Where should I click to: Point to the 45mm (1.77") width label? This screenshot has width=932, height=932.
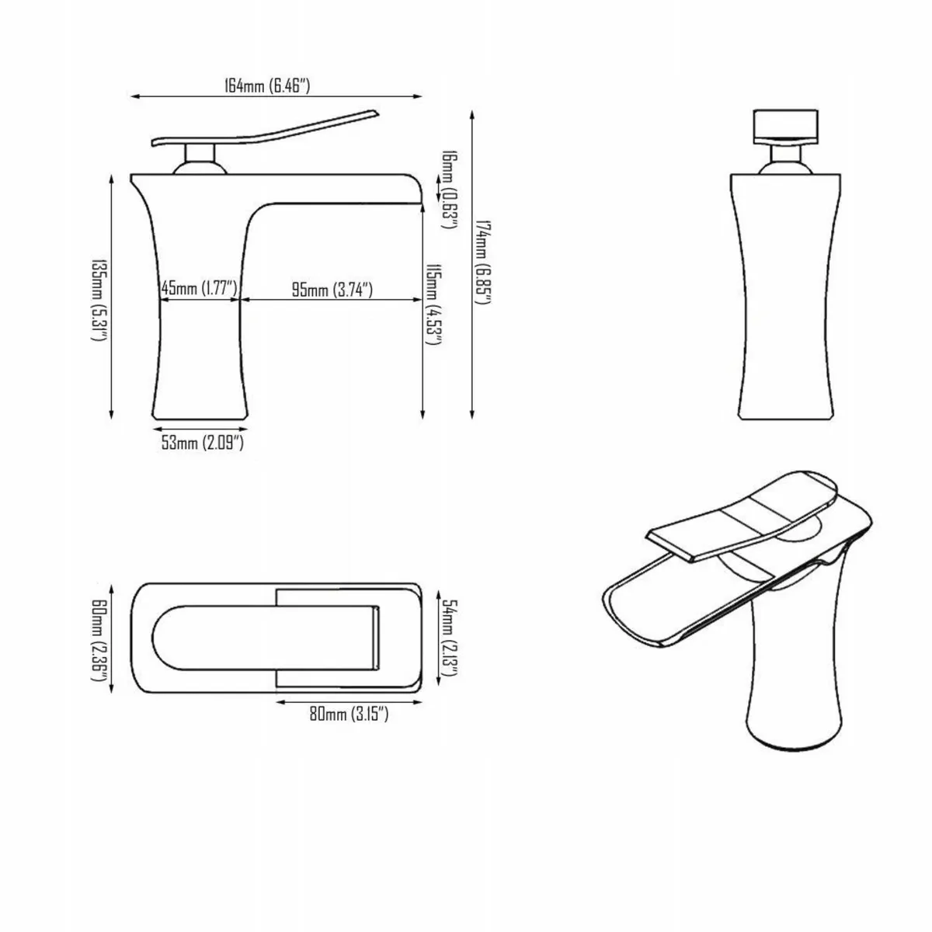198,290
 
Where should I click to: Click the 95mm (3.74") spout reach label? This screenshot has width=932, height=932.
332,290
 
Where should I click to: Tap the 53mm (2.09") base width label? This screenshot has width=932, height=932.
203,443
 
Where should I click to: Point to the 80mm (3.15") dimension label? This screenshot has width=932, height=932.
349,715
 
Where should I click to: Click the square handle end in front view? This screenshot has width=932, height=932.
786,124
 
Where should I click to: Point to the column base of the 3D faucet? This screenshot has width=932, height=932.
796,699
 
